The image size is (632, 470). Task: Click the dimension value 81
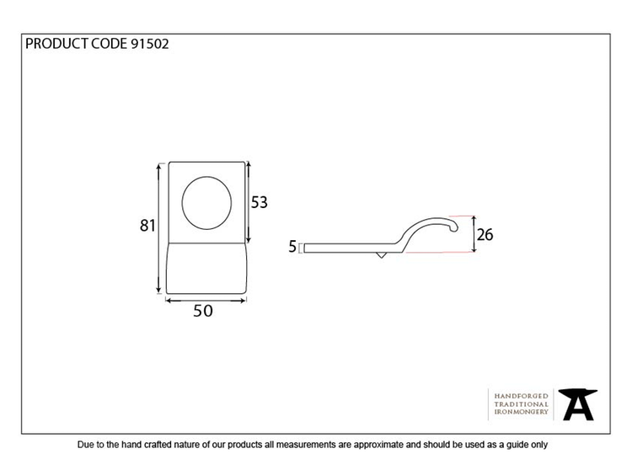point(147,225)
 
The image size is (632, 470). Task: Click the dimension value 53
point(260,202)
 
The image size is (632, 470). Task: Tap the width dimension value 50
point(203,311)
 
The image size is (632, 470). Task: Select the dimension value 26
point(485,234)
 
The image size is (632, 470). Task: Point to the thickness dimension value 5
point(292,247)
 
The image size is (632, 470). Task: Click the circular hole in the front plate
point(206,203)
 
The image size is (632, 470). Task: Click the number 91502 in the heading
point(149,44)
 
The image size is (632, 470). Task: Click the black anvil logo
point(578,404)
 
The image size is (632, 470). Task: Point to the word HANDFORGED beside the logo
point(521,396)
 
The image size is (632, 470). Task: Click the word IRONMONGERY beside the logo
point(521,412)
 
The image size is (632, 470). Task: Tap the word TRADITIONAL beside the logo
point(521,404)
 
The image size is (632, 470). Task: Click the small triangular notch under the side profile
point(381,255)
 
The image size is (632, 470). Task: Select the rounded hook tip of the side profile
point(454,228)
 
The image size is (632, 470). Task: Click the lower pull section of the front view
point(206,268)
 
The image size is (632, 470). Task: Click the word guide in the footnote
point(509,445)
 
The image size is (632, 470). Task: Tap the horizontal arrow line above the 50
point(206,301)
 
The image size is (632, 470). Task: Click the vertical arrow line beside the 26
point(474,234)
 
